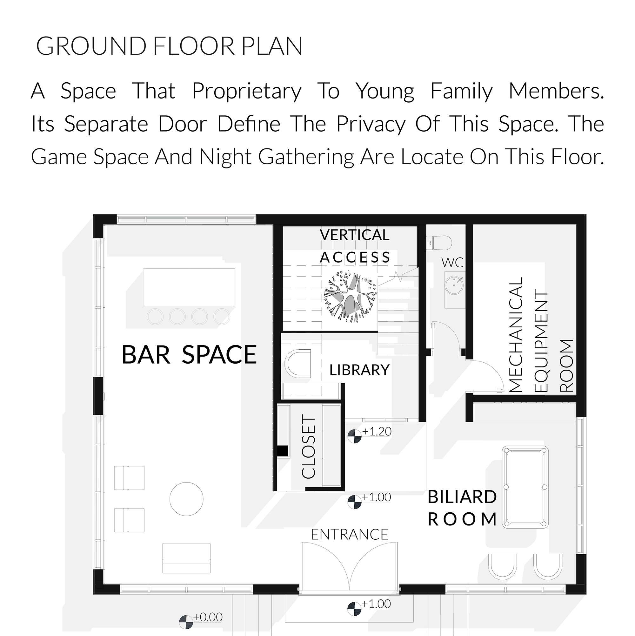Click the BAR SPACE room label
[189, 354]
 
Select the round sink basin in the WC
[454, 285]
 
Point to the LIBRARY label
[359, 370]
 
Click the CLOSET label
[309, 448]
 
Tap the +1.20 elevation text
[377, 432]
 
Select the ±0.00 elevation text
[208, 617]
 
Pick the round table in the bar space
[186, 499]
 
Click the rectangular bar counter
[189, 287]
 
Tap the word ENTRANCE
[350, 535]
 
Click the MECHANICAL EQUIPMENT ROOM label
[541, 335]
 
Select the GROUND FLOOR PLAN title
[169, 46]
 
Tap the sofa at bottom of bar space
[186, 558]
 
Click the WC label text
[452, 263]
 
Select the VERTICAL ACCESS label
[355, 246]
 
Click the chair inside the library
[297, 363]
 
